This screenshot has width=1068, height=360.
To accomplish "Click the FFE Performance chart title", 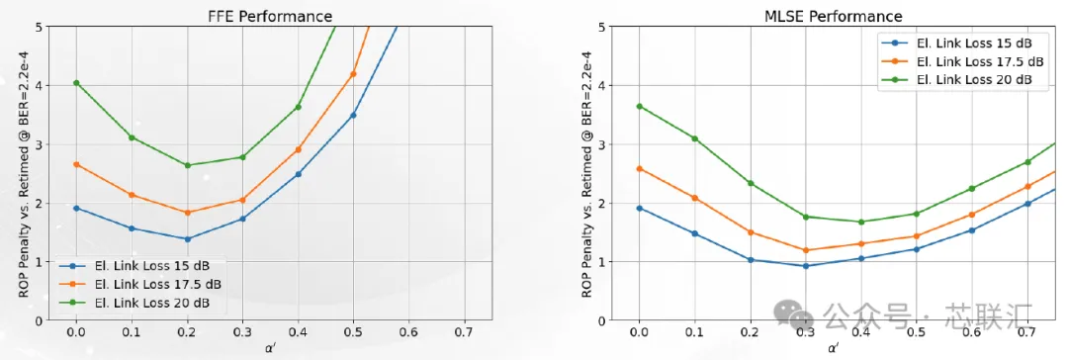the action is click(270, 16).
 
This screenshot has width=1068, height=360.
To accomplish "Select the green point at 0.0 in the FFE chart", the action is click(76, 83).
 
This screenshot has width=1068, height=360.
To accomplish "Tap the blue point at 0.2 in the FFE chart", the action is click(187, 238).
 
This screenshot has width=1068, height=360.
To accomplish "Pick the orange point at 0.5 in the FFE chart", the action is click(353, 73).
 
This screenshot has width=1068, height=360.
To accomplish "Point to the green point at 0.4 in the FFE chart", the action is click(298, 107).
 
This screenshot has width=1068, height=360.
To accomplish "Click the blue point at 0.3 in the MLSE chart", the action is click(806, 266).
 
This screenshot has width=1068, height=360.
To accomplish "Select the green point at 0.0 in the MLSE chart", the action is click(639, 107).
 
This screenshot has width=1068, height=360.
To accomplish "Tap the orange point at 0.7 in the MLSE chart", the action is click(1027, 186).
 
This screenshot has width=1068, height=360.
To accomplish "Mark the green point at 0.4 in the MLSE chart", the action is click(861, 222).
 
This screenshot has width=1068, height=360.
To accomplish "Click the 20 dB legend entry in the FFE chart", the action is click(134, 302).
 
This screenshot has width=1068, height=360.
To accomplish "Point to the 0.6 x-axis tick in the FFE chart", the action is click(408, 331).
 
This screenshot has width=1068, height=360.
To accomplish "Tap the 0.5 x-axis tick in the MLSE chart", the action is click(916, 331).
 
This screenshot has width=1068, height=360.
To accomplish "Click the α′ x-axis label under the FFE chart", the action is click(270, 348).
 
